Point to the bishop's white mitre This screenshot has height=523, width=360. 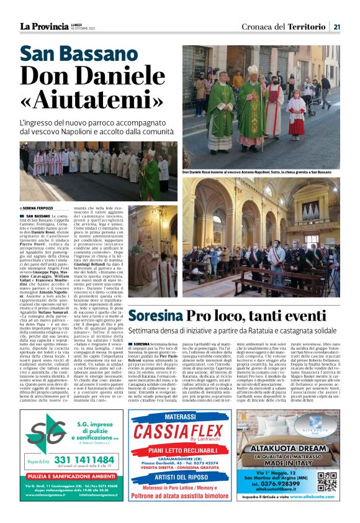coord(253,70)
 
